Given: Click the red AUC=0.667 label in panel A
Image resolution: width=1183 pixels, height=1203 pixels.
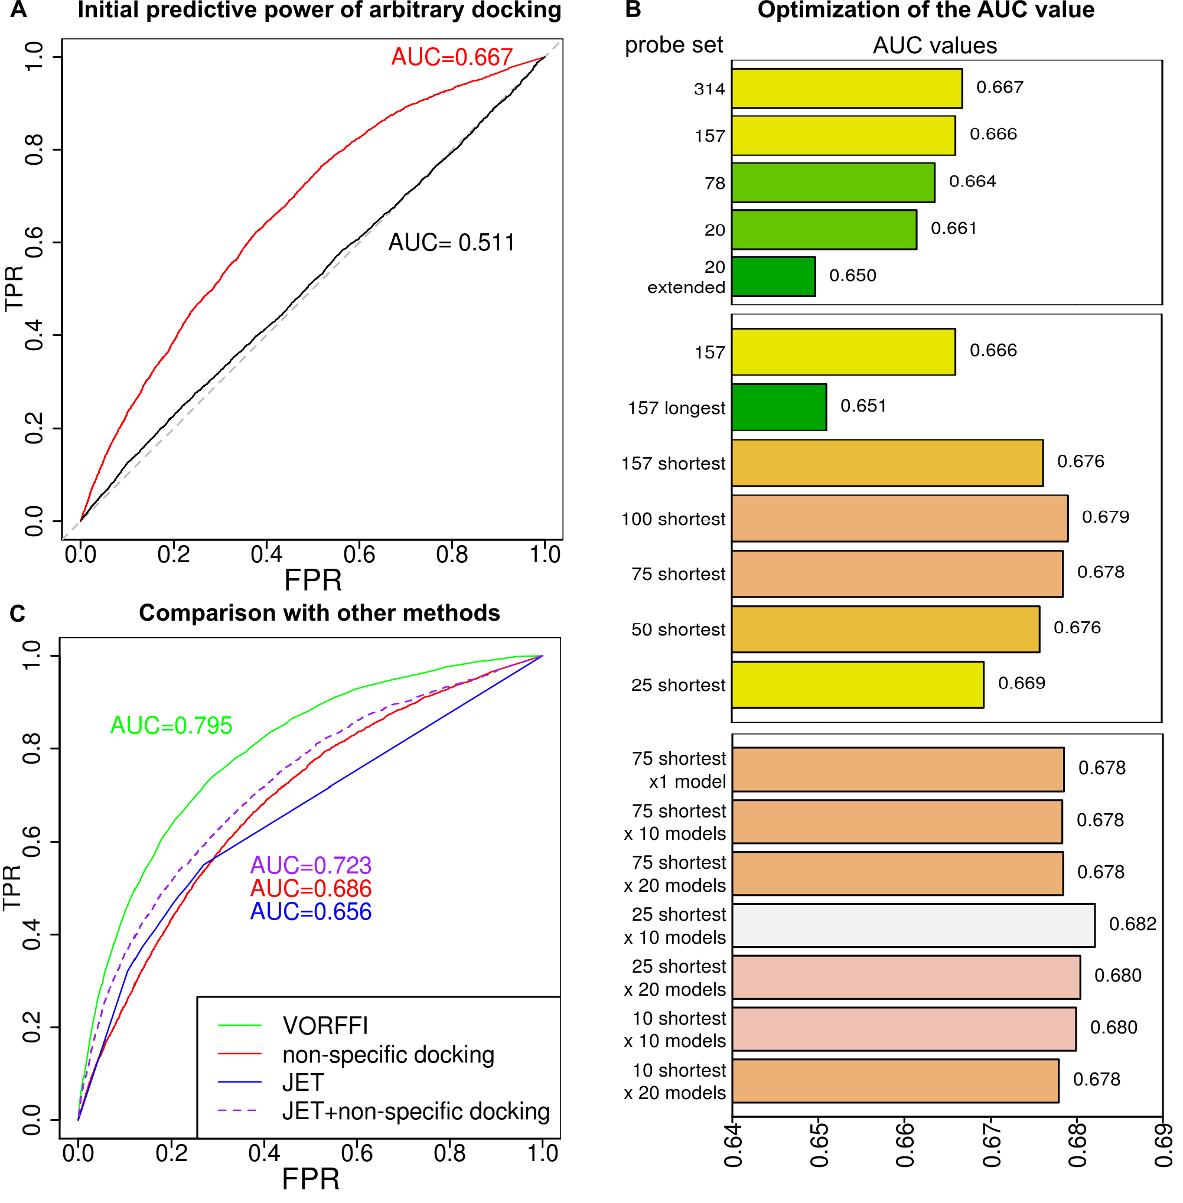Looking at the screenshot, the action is [x=452, y=57].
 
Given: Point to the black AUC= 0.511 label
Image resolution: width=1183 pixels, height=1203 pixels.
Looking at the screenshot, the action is [x=452, y=242].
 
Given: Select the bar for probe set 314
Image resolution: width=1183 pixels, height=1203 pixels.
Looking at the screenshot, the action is [x=847, y=88].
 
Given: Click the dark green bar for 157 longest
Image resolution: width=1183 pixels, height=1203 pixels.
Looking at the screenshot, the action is [x=779, y=407].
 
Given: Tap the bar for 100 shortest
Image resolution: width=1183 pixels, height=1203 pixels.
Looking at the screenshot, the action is [x=900, y=519].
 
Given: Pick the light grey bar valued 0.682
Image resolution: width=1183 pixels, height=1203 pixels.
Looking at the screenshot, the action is [x=913, y=925].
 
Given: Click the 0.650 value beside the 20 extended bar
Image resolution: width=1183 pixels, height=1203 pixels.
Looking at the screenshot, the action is [x=852, y=275].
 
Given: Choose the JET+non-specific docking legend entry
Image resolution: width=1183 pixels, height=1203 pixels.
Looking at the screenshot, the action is [x=384, y=1111].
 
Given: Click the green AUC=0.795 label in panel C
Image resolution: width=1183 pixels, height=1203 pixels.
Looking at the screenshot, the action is [x=171, y=725].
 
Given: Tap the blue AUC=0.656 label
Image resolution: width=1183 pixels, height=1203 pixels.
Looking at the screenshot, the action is [x=311, y=912].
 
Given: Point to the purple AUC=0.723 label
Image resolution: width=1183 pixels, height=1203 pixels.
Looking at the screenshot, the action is [x=311, y=865].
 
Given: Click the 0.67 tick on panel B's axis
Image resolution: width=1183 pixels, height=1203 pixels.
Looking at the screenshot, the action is [x=991, y=1144].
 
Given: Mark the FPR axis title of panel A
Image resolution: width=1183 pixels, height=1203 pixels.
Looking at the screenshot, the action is [x=313, y=581].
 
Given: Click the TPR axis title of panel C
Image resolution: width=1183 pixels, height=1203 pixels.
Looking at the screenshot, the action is [x=12, y=888].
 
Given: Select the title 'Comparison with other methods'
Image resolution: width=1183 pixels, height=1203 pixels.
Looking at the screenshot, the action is [x=320, y=613].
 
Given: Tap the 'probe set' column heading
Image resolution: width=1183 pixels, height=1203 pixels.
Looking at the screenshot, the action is [x=673, y=45].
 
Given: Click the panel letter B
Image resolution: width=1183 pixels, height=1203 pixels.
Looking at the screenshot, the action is [x=633, y=9].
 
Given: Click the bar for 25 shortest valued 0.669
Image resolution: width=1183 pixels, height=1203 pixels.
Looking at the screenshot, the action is [x=858, y=684].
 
